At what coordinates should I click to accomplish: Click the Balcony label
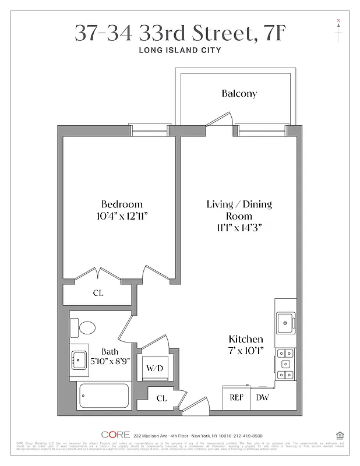point(239,93)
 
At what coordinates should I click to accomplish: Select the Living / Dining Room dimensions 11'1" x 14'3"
point(239,228)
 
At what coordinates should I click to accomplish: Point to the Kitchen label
point(245,339)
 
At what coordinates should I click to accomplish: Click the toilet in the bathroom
point(87,327)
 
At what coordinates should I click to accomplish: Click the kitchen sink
point(286,320)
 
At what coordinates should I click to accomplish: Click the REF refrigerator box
point(236,398)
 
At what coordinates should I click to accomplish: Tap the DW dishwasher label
point(262,398)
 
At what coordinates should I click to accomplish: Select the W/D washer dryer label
point(154,368)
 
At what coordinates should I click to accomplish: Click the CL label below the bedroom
point(98,293)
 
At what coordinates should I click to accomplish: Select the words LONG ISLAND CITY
point(179,51)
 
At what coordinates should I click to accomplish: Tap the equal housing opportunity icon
point(339,434)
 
